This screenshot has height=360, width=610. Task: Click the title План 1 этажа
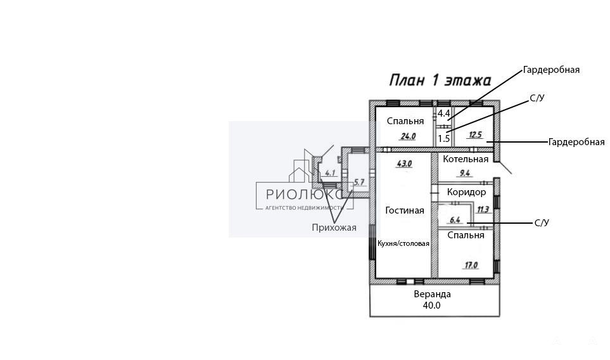coord(440,80)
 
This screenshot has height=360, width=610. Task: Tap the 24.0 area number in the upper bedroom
coord(408,137)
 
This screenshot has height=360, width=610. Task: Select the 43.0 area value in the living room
coord(404,164)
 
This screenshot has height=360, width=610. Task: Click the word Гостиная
coord(405,210)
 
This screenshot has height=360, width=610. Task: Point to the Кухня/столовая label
coord(403,243)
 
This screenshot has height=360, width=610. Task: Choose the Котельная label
coord(466,159)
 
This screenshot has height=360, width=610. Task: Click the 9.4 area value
coord(465,173)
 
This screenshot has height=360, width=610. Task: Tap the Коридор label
coord(466,192)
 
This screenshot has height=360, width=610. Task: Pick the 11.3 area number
coord(483,210)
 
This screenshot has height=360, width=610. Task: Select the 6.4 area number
coord(455,221)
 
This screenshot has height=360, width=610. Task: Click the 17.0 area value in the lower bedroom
coord(471,266)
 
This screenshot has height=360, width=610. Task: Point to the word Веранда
coord(432,294)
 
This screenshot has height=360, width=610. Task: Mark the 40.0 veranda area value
coord(432,305)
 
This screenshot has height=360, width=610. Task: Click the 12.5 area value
coord(476,135)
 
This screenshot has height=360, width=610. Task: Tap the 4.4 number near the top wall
coord(444,113)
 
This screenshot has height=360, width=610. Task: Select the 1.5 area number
coord(444,139)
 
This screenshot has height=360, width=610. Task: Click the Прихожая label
coord(334,228)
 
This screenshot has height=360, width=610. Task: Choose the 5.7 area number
coord(359,182)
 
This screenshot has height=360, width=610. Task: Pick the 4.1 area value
coord(330,173)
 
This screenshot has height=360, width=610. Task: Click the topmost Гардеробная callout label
coord(551,70)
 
